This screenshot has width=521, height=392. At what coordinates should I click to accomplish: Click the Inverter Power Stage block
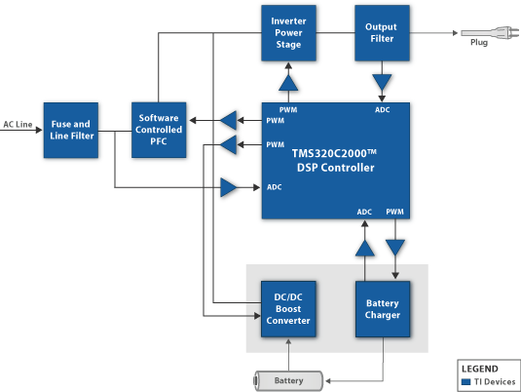tap(288, 33)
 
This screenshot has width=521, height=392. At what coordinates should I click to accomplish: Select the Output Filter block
tap(382, 33)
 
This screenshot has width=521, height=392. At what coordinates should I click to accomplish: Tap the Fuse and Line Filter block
tap(71, 130)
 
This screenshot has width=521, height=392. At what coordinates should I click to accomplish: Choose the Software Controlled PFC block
tap(159, 130)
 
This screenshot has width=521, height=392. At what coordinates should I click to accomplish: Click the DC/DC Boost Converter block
tap(288, 309)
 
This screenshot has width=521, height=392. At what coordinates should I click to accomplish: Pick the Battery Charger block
tap(383, 309)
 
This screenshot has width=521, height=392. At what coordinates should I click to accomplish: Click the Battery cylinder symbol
tap(288, 380)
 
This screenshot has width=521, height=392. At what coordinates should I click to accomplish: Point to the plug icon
tap(490, 32)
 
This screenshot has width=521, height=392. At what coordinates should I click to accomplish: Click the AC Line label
tap(18, 124)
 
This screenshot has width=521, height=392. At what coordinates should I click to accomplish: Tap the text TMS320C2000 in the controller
tap(334, 153)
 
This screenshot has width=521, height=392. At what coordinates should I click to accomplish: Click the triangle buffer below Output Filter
tap(382, 82)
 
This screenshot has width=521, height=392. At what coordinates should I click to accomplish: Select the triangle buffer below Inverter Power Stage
tap(288, 82)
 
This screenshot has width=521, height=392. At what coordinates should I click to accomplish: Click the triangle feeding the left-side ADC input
tap(229, 187)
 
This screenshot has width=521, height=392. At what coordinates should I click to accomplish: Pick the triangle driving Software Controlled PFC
tap(229, 120)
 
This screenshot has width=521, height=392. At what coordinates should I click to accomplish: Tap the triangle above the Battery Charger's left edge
tap(365, 248)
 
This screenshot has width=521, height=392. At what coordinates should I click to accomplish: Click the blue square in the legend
tap(466, 381)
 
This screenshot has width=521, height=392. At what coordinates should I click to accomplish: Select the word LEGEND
tap(480, 369)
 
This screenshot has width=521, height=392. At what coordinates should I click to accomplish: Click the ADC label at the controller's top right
tap(383, 110)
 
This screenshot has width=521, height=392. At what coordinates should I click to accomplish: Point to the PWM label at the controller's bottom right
tap(394, 212)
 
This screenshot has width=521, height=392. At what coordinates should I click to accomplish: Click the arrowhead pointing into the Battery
tap(328, 380)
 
